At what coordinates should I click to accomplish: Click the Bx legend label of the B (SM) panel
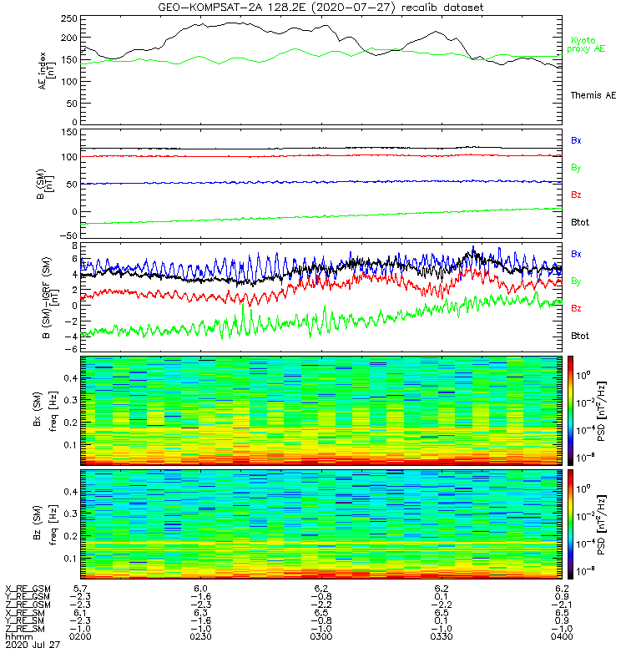576,140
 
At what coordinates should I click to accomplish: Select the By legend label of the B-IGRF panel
576,281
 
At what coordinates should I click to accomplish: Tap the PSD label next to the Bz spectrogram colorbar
603,523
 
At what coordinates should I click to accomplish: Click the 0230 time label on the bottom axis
200,636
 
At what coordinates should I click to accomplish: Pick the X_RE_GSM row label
28,590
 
